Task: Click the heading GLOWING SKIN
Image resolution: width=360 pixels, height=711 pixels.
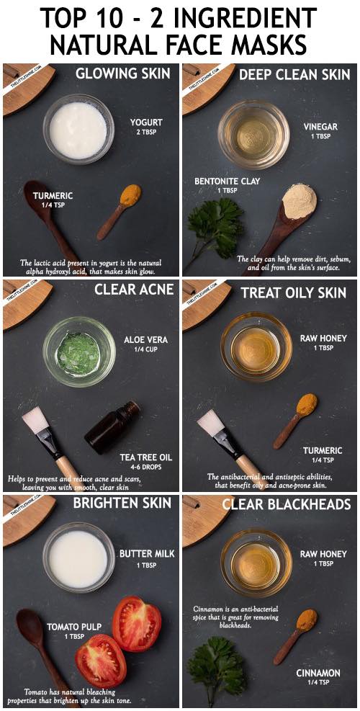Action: (x=123, y=73)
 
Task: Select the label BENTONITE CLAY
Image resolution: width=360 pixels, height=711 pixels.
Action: (x=227, y=182)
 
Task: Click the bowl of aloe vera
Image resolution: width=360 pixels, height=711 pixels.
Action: (x=79, y=352)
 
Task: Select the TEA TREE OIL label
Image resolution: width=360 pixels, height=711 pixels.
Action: (x=146, y=457)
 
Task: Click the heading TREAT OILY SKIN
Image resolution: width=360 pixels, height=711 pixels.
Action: (x=293, y=293)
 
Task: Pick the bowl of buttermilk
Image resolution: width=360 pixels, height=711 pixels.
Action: (x=78, y=558)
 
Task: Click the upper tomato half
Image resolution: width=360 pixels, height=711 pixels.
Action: (x=137, y=623)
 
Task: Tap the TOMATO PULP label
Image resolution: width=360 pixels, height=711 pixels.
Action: (x=74, y=627)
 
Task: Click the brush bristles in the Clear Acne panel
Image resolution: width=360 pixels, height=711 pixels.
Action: (x=35, y=420)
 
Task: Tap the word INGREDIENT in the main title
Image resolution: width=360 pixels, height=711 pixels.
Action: (x=241, y=18)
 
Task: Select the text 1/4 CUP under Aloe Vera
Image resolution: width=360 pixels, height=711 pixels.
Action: (x=145, y=349)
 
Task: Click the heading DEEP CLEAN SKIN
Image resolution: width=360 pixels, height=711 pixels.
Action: (x=294, y=74)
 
